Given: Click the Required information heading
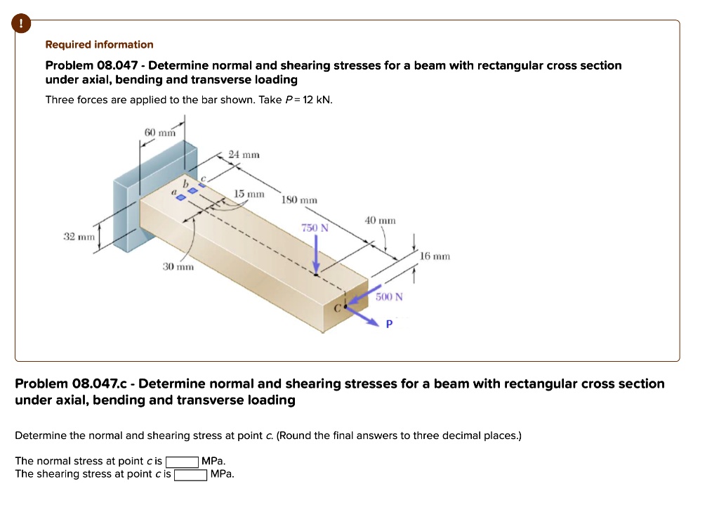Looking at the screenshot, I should tap(99, 45).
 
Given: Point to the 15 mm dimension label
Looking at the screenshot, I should tap(249, 193).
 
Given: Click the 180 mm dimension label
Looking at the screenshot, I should tap(299, 200).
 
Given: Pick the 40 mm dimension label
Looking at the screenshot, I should tap(380, 221).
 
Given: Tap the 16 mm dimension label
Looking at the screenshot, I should tap(434, 257).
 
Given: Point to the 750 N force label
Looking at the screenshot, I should tap(310, 228).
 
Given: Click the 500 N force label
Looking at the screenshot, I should tap(389, 297).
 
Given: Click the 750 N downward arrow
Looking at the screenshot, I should tap(316, 253).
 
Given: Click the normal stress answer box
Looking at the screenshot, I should tap(182, 462).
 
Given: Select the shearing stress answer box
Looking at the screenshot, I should tap(190, 474).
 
